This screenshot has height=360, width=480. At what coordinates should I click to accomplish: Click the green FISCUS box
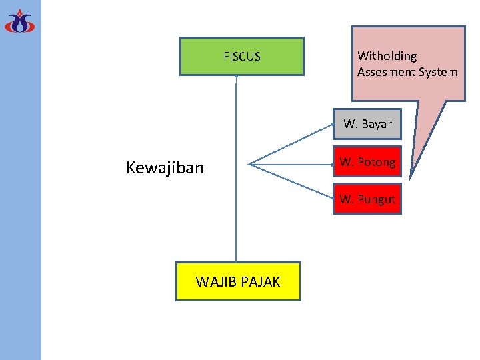coord(241,56)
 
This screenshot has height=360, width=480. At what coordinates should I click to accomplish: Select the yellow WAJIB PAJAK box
coord(238,281)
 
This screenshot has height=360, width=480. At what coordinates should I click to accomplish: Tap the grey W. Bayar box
coord(367,124)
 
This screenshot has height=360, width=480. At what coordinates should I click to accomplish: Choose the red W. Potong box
coord(367,161)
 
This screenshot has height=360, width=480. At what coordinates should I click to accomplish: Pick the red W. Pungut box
coord(367,199)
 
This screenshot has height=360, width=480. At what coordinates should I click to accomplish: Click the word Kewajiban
coord(165,167)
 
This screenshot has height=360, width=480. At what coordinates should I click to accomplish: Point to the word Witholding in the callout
coord(387,56)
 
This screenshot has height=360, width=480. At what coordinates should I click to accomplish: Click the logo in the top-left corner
coord(19,21)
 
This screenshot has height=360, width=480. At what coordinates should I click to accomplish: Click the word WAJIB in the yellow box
coord(213,281)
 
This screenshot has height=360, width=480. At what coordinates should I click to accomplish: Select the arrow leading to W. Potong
coord(290,163)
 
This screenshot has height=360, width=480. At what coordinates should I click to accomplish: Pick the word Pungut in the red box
coord(377,199)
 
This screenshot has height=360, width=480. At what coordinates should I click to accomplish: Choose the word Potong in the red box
coord(377,161)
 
